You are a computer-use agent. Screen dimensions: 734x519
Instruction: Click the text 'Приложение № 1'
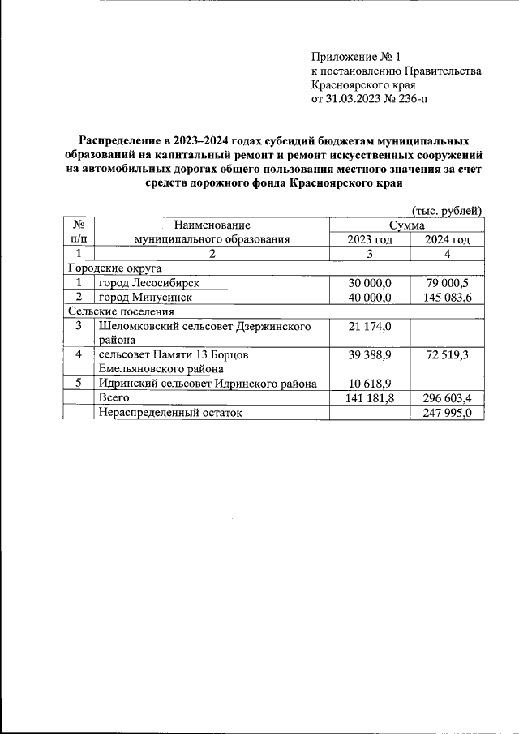click(357, 57)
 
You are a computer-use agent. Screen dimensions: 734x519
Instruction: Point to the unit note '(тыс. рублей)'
click(448, 210)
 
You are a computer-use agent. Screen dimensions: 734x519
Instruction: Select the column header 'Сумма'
click(407, 225)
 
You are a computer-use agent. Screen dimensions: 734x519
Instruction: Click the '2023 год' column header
click(370, 239)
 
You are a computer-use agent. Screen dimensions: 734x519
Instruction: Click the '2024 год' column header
click(447, 239)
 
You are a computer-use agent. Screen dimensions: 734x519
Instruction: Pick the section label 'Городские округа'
click(115, 268)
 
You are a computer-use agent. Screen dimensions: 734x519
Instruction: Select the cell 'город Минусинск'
click(145, 298)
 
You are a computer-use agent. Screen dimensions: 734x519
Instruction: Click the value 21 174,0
click(370, 326)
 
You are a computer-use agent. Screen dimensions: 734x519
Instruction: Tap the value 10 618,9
click(370, 384)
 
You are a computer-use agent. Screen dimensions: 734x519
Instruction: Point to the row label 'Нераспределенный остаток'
click(171, 413)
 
